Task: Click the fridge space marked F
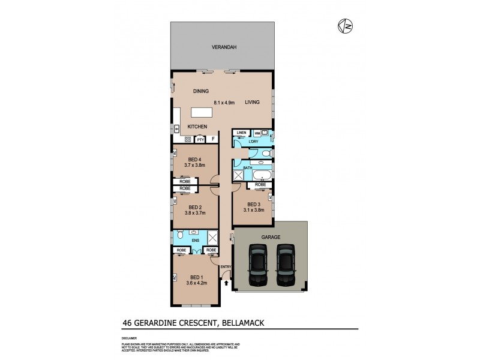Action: tap(213, 139)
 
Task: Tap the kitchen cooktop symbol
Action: tap(187, 139)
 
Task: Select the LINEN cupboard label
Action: tap(241, 132)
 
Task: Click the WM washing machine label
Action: tap(257, 132)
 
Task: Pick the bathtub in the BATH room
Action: tap(262, 176)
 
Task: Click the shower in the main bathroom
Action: tap(238, 175)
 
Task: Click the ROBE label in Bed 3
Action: tap(260, 185)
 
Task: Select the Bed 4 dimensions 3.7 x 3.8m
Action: tap(194, 165)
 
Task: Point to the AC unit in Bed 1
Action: tap(174, 277)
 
